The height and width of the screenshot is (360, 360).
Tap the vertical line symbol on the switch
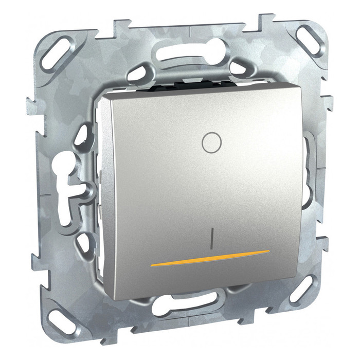[x=212, y=238]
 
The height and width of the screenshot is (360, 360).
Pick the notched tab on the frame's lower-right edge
[x=323, y=242]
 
